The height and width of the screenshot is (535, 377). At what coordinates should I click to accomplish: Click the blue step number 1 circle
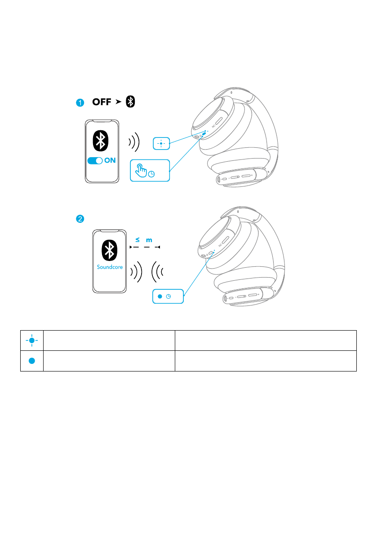80,103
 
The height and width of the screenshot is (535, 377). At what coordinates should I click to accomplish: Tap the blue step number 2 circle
80,219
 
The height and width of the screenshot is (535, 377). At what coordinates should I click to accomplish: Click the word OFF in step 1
102,102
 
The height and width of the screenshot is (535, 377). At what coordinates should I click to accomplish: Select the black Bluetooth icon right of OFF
130,102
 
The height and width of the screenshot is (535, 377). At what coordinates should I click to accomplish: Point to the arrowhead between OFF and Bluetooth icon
118,102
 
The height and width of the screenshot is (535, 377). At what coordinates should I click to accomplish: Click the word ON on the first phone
110,161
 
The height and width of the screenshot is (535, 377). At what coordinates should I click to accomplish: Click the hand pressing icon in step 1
141,170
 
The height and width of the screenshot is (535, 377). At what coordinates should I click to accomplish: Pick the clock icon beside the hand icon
152,174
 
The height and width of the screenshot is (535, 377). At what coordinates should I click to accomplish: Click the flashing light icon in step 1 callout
161,144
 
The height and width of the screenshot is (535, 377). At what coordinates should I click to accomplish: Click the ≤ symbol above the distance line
137,240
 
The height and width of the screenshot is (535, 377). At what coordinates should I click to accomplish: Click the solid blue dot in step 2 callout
160,296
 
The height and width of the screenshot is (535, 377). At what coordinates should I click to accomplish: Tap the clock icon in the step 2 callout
169,296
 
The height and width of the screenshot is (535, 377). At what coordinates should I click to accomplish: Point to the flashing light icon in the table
32,340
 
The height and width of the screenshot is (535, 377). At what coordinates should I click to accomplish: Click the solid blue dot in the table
32,361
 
